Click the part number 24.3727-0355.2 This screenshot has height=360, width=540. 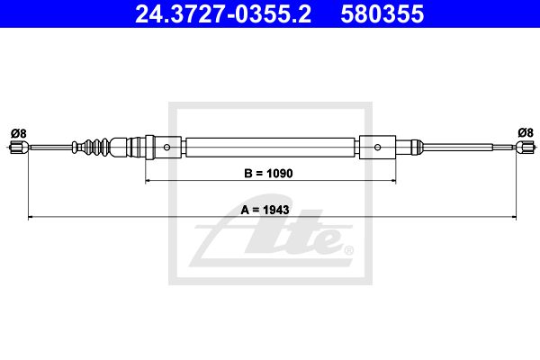click(223, 13)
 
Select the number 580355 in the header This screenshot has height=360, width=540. click(382, 13)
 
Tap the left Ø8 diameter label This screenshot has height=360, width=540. click(18, 133)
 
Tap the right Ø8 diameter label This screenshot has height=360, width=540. click(526, 132)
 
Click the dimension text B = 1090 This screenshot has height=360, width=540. click(268, 174)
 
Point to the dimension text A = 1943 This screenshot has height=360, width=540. click(265, 210)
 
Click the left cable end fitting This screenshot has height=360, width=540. click(18, 148)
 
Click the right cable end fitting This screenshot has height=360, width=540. click(526, 147)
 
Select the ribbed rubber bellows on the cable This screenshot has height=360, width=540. click(92, 147)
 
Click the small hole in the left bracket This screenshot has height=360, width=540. click(166, 148)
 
